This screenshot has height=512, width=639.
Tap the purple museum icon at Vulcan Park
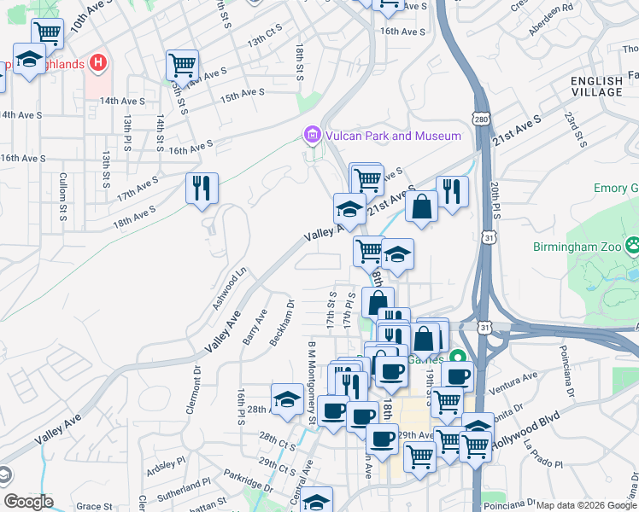312,135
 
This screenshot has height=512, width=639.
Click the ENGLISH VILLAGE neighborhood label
596,86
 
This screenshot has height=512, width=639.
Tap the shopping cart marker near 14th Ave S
181,63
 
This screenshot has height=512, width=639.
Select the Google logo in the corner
27,501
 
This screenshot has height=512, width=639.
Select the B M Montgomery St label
312,381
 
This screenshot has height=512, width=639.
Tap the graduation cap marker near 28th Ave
287,398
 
